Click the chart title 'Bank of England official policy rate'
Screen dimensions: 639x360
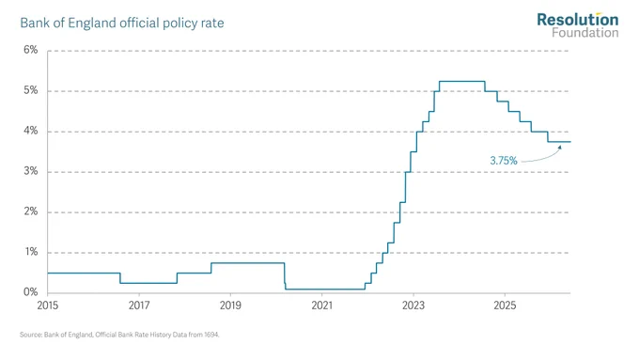tap(122, 23)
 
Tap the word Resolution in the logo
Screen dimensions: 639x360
tap(578, 20)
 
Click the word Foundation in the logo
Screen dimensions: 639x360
tap(585, 32)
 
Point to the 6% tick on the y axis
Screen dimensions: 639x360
tap(31, 50)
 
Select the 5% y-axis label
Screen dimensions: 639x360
tap(31, 90)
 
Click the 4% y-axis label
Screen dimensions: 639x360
tap(31, 131)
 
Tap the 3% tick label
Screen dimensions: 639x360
tap(31, 171)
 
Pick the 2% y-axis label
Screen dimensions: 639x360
tap(31, 211)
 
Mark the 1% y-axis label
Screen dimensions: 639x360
tap(31, 252)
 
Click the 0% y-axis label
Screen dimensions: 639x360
tap(31, 292)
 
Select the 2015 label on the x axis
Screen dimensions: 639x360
tap(48, 305)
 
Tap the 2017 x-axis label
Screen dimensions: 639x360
tap(139, 305)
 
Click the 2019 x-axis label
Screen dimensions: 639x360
tap(230, 305)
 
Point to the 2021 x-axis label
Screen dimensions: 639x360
tap(322, 305)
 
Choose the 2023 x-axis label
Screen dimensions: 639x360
tap(413, 305)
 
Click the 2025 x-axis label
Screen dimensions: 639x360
tap(505, 305)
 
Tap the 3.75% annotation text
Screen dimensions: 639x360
tap(504, 161)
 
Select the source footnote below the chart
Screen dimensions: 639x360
tap(119, 335)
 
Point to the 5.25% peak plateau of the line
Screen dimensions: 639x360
tap(462, 81)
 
